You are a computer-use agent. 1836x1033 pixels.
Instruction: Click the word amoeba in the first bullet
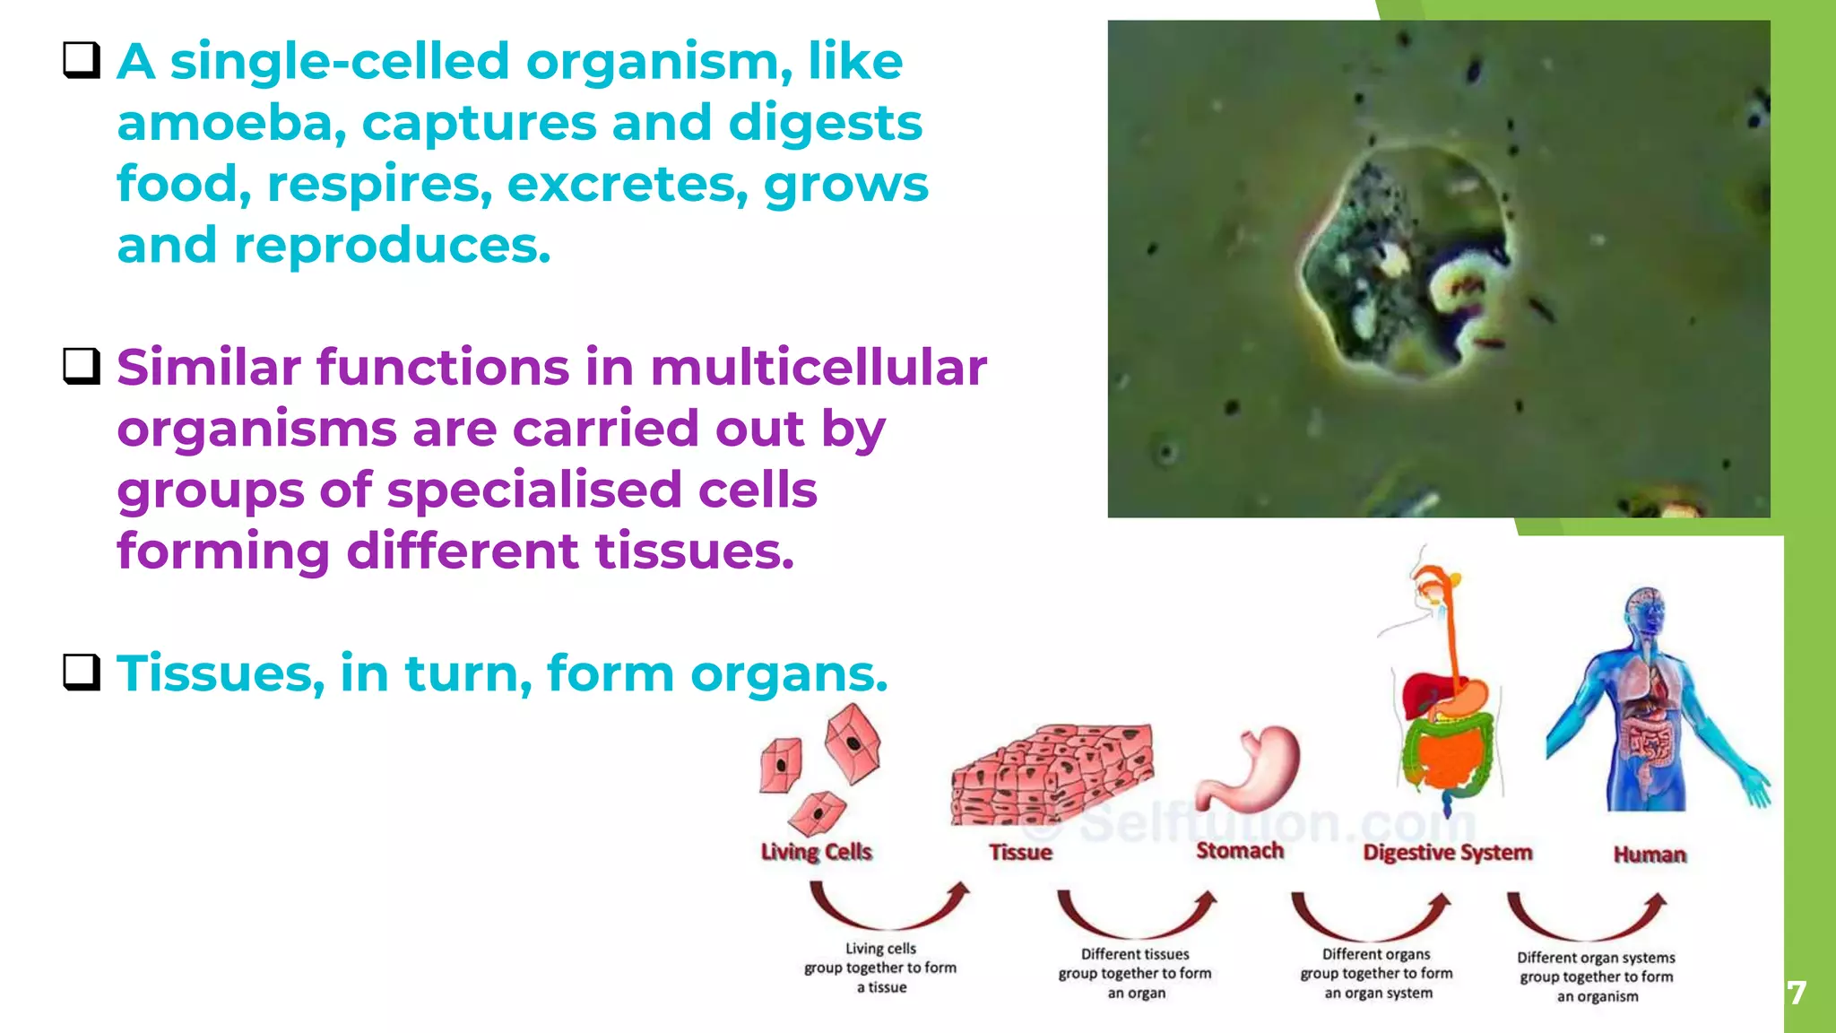pos(230,124)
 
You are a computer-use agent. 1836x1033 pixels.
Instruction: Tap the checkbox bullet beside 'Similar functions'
pos(82,366)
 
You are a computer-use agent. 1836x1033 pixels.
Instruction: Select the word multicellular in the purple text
pos(818,368)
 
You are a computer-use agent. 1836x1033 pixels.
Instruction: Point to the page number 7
pos(1797,993)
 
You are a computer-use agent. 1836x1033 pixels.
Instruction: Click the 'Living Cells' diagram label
pos(816,851)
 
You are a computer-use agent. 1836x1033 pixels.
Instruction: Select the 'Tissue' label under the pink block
pos(1020,852)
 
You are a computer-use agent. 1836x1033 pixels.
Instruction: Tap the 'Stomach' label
pos(1240,850)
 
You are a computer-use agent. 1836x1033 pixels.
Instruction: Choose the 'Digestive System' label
pos(1447,852)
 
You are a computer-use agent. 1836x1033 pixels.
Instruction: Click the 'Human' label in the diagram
pos(1650,855)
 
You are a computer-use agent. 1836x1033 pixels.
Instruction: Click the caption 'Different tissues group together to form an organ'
pos(1135,974)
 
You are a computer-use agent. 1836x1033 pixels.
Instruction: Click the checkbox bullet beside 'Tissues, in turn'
pos(82,672)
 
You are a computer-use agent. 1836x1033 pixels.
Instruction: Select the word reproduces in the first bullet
pos(392,246)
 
